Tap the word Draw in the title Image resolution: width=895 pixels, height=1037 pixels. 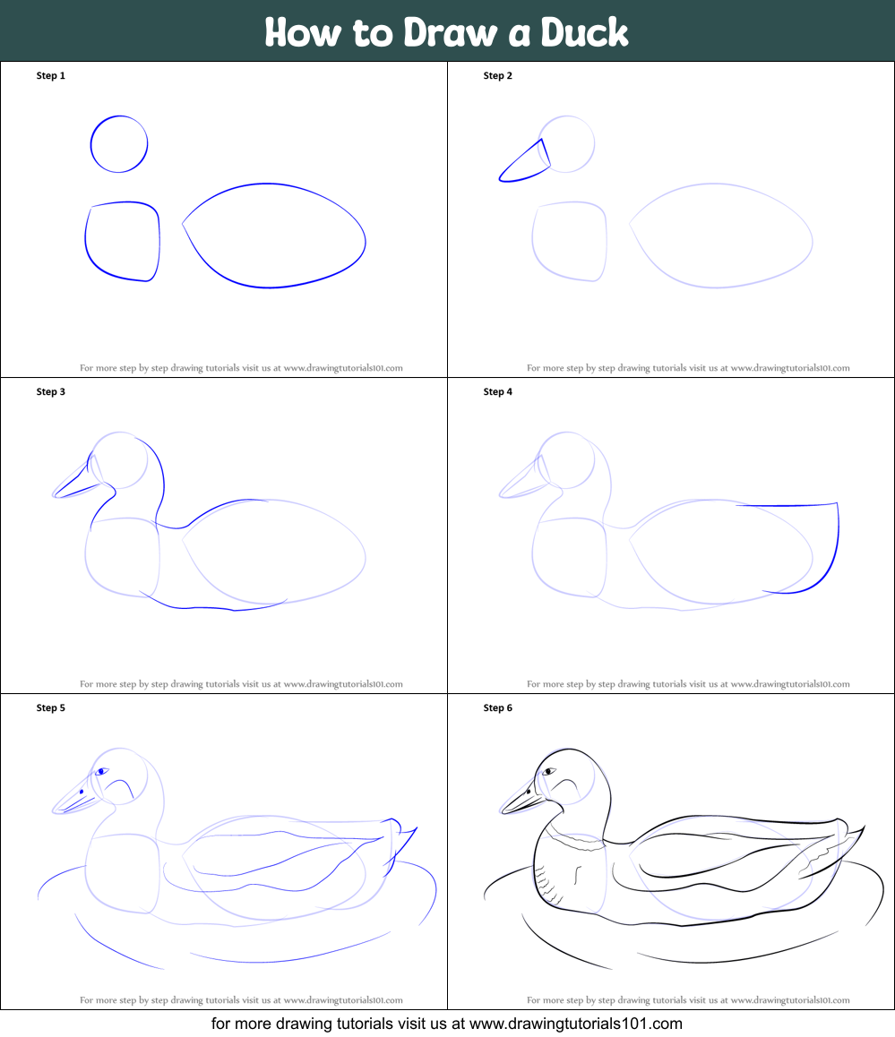[450, 31]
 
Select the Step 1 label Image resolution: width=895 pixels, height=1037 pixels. [51, 75]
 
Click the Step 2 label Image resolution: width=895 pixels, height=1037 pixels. [498, 75]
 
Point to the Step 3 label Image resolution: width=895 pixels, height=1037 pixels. [51, 391]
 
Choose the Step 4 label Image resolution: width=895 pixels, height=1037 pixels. [498, 391]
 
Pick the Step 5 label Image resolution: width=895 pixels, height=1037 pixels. [51, 707]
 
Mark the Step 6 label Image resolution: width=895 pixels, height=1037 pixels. [498, 707]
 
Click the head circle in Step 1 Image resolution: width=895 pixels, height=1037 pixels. [90, 144]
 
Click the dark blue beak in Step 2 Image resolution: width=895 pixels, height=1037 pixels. [522, 160]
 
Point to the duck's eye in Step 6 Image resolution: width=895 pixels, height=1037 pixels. [548, 772]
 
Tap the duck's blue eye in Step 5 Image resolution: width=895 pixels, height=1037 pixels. [101, 772]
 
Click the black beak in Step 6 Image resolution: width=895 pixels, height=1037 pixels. [522, 801]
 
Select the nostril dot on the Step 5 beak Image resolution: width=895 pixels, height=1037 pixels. [82, 792]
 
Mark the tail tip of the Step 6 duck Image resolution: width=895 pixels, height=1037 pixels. [865, 826]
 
